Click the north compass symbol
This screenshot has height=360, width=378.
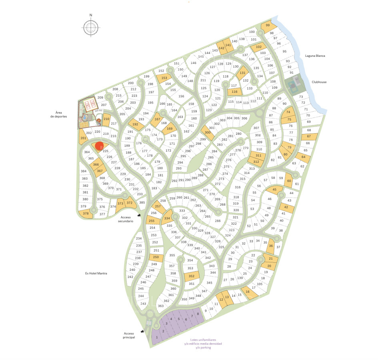(x=91, y=27)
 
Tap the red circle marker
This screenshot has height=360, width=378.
(x=99, y=147)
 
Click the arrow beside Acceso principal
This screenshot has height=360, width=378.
(x=142, y=331)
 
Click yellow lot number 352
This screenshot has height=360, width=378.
(x=191, y=276)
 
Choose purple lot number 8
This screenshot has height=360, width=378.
(x=198, y=314)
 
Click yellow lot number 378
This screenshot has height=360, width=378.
(x=86, y=214)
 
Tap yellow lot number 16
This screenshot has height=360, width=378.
(x=248, y=292)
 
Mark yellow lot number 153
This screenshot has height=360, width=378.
(x=164, y=78)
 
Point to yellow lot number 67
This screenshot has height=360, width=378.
(x=308, y=137)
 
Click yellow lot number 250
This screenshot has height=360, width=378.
(x=156, y=258)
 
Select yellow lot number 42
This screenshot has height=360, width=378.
(x=286, y=207)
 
